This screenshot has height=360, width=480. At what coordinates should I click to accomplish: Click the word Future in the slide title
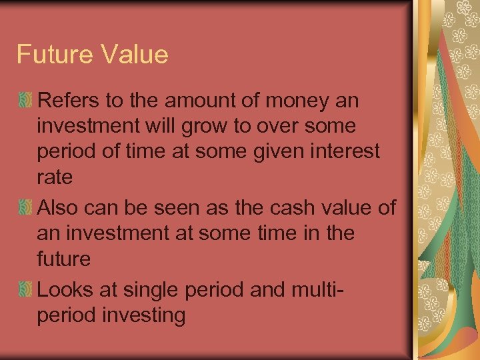coord(52,54)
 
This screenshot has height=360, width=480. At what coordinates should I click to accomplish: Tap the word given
coord(275,151)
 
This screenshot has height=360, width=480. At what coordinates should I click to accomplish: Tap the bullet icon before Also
coord(25,208)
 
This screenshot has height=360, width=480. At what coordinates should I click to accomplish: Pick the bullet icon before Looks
coord(25,290)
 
